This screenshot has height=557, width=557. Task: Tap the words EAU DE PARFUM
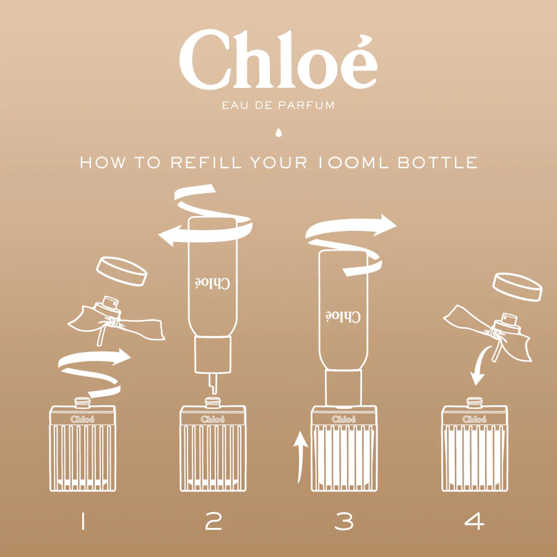coord(278,105)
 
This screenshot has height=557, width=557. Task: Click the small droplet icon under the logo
coord(278,132)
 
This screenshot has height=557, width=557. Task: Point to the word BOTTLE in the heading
coord(438,162)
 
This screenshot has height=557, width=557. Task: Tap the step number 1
coord(83,521)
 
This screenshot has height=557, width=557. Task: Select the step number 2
coord(214,521)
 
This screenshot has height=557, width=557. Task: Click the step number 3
coord(344,521)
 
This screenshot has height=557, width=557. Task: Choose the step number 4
coord(474,521)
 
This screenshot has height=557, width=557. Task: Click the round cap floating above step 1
coord(121,271)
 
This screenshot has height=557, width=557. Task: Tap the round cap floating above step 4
coord(517,287)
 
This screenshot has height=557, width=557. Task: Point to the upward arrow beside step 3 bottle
coord(300,457)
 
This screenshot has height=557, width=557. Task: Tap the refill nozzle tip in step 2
coord(213,384)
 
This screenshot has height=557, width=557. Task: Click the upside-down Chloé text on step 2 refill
coord(212,283)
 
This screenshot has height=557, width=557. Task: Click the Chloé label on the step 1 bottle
coord(82,419)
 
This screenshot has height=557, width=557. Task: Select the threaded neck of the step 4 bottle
coord(474,402)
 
